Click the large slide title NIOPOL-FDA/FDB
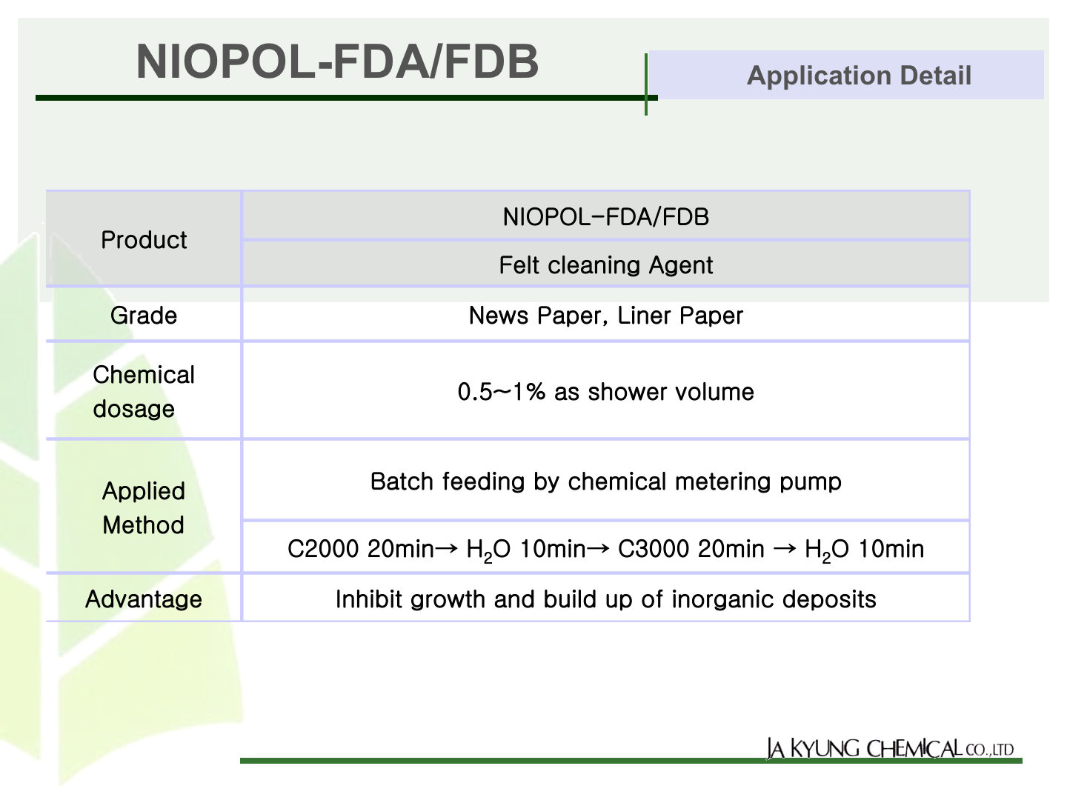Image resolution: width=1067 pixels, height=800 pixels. click(337, 61)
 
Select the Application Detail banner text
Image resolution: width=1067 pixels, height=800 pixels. click(859, 76)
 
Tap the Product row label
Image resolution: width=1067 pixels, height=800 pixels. click(144, 240)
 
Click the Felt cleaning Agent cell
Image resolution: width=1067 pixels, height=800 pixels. click(605, 265)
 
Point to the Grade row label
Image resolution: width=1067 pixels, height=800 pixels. click(144, 316)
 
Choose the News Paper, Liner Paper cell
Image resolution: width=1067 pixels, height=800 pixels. click(605, 316)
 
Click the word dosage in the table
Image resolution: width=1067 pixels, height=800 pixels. click(133, 409)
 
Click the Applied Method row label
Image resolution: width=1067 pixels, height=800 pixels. click(144, 508)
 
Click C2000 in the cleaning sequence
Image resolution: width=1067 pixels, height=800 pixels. click(323, 549)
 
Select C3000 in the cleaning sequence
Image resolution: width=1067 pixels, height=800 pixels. click(654, 549)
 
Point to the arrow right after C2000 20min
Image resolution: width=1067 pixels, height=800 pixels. click(446, 548)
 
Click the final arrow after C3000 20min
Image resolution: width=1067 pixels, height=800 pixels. click(785, 548)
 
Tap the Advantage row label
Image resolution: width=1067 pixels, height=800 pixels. click(144, 599)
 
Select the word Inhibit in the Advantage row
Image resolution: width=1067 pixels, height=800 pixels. click(369, 599)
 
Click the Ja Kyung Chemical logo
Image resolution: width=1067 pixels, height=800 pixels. click(890, 748)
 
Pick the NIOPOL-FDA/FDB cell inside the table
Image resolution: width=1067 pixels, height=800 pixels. click(605, 216)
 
